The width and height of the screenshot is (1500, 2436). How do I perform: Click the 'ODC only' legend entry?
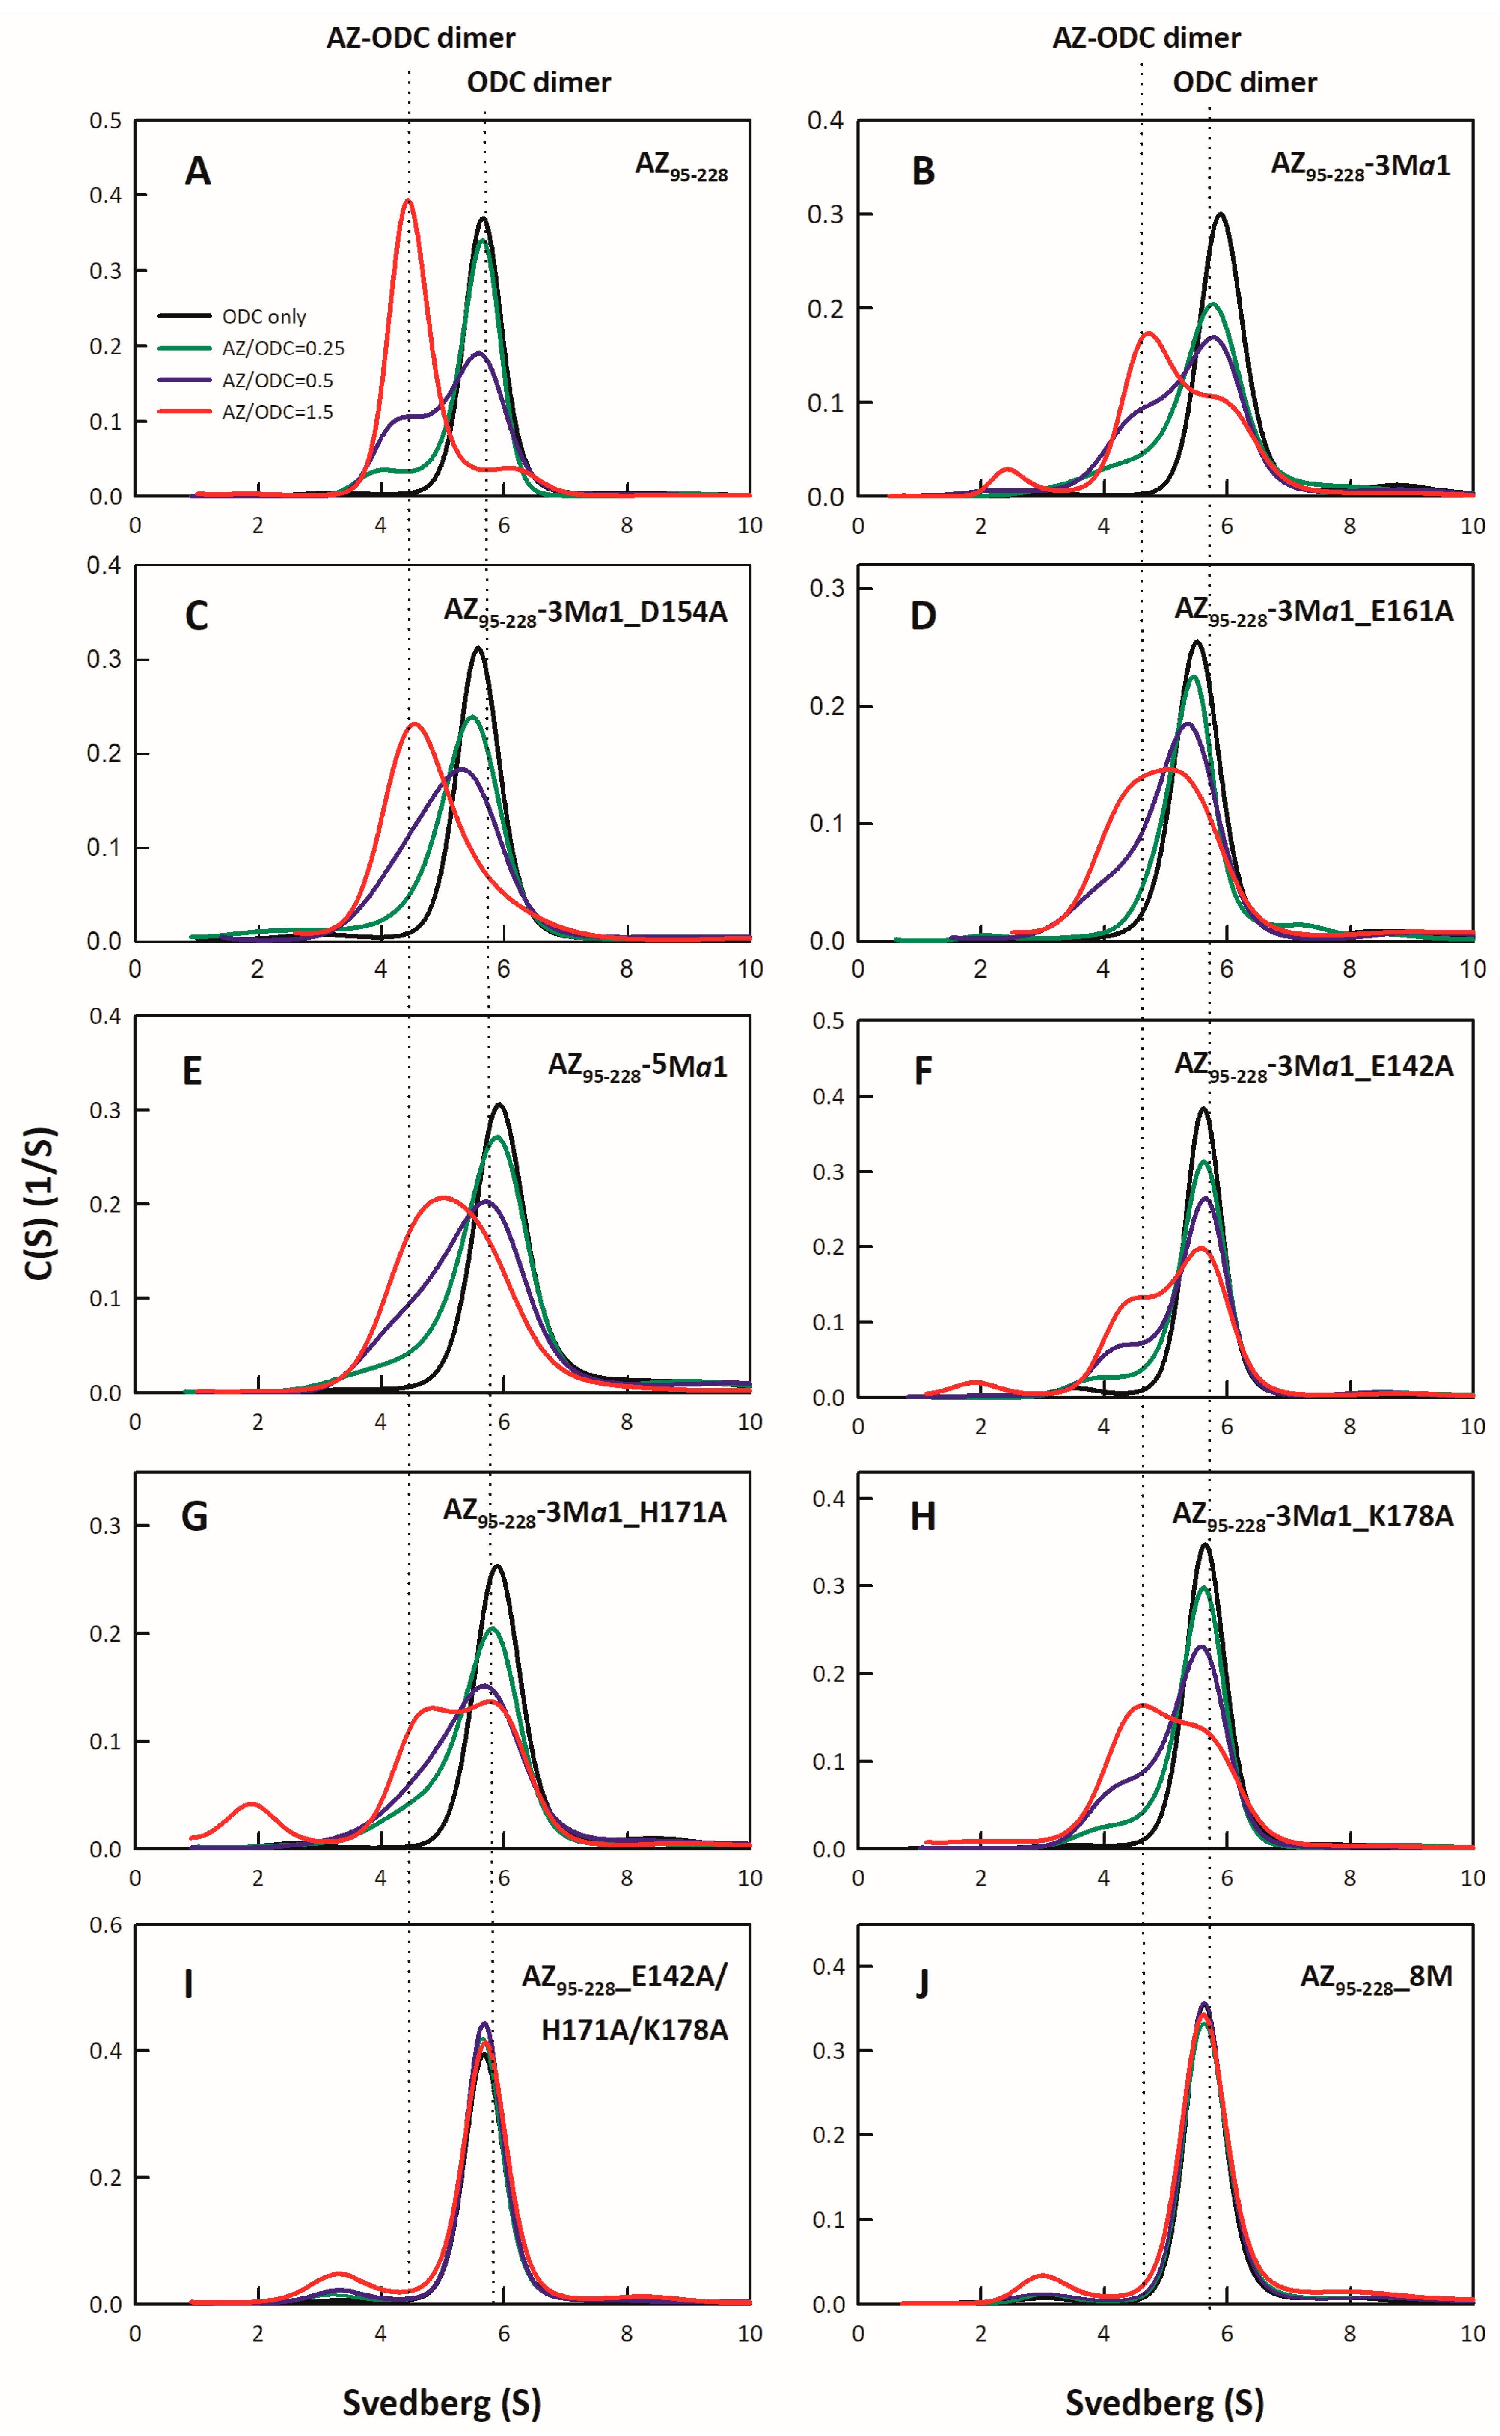(x=263, y=316)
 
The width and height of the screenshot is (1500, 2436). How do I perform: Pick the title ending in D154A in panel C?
(x=585, y=612)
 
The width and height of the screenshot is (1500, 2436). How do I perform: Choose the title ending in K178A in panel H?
(x=1313, y=1516)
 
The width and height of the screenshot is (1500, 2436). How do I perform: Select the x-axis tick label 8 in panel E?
(x=626, y=1422)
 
